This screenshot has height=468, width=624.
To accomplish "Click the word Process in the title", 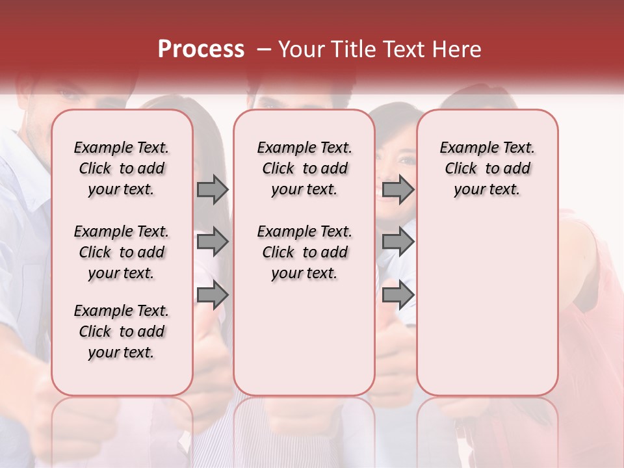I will (201, 49).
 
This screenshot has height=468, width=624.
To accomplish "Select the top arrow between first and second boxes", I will (213, 190).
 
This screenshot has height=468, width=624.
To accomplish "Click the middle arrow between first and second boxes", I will (213, 242).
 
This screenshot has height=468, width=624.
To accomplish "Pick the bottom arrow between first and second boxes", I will (213, 295).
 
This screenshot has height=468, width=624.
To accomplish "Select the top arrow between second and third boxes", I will (398, 190).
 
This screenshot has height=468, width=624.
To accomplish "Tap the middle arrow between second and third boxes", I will (398, 242).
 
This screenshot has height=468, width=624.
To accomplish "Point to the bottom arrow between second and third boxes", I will (398, 295).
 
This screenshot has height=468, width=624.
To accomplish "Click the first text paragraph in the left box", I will (122, 169).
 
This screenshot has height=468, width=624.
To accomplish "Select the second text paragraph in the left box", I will (122, 252).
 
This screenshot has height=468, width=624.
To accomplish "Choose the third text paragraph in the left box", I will (122, 331).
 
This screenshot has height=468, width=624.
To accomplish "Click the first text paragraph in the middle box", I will (304, 169).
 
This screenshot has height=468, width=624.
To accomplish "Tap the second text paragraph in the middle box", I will (304, 252).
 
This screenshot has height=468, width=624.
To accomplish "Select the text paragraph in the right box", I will (487, 169).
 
